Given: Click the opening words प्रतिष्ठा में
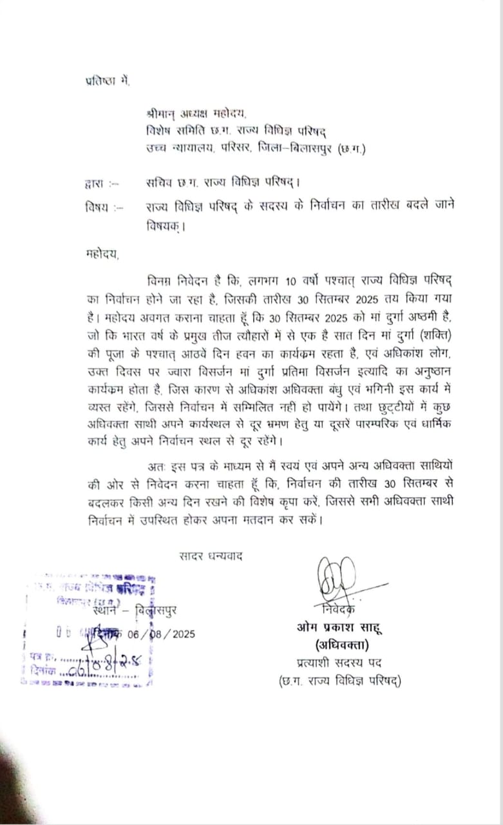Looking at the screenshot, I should click(x=108, y=82).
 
